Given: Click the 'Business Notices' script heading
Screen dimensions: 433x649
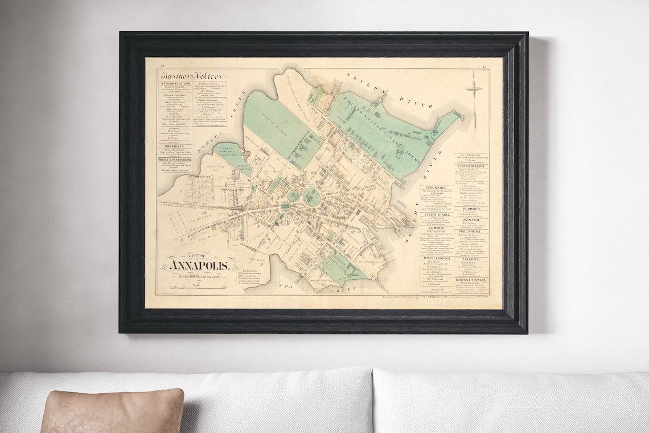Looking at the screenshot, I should [x=186, y=76].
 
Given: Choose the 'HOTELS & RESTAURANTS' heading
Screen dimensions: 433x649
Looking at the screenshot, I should [x=176, y=160].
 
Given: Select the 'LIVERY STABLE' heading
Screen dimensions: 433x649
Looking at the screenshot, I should [x=435, y=214].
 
